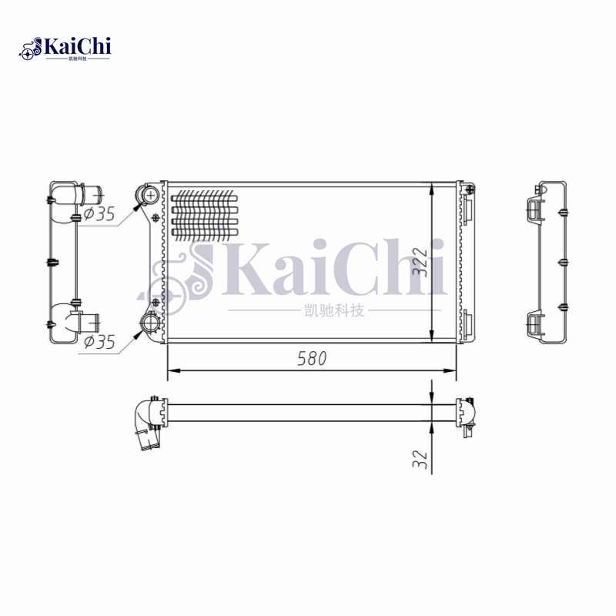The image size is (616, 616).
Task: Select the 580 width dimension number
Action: (312, 358)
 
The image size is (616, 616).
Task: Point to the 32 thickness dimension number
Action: (420, 459)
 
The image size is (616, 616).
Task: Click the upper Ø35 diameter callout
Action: (99, 215)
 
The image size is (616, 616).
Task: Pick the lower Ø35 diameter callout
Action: (99, 342)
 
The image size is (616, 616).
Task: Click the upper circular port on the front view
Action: (150, 195)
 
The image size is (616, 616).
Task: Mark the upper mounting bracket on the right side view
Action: (534, 206)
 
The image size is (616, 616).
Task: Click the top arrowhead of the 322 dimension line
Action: (433, 189)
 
